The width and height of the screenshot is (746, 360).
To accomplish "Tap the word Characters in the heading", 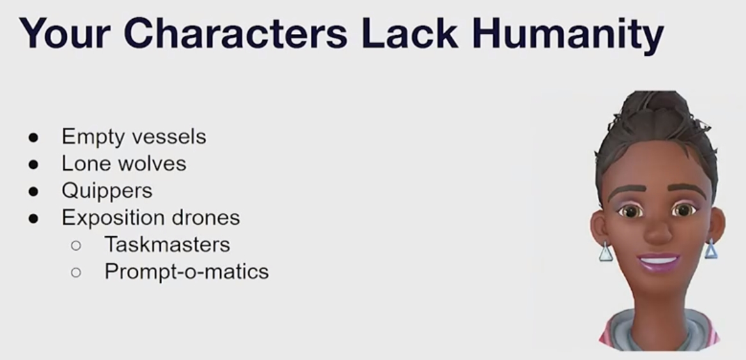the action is click(x=235, y=33).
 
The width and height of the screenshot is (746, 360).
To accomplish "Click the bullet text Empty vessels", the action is click(x=133, y=137).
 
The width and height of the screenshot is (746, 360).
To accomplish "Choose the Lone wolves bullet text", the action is click(x=124, y=163).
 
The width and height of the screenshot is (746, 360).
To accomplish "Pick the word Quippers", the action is click(x=107, y=191).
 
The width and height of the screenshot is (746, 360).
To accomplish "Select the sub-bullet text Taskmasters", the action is click(x=167, y=245).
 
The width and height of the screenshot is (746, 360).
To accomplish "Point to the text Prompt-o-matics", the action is click(x=186, y=272).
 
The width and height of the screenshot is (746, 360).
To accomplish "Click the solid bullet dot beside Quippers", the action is click(x=33, y=191).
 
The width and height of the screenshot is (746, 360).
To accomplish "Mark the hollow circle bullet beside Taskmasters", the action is click(x=76, y=245).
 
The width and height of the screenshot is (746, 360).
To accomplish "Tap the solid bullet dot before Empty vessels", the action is click(x=33, y=137).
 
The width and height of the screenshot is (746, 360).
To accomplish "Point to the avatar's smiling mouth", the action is click(x=659, y=262).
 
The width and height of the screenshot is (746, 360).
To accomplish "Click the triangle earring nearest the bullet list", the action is click(x=606, y=251).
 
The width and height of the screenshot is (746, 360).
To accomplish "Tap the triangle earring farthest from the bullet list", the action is click(x=711, y=249).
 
